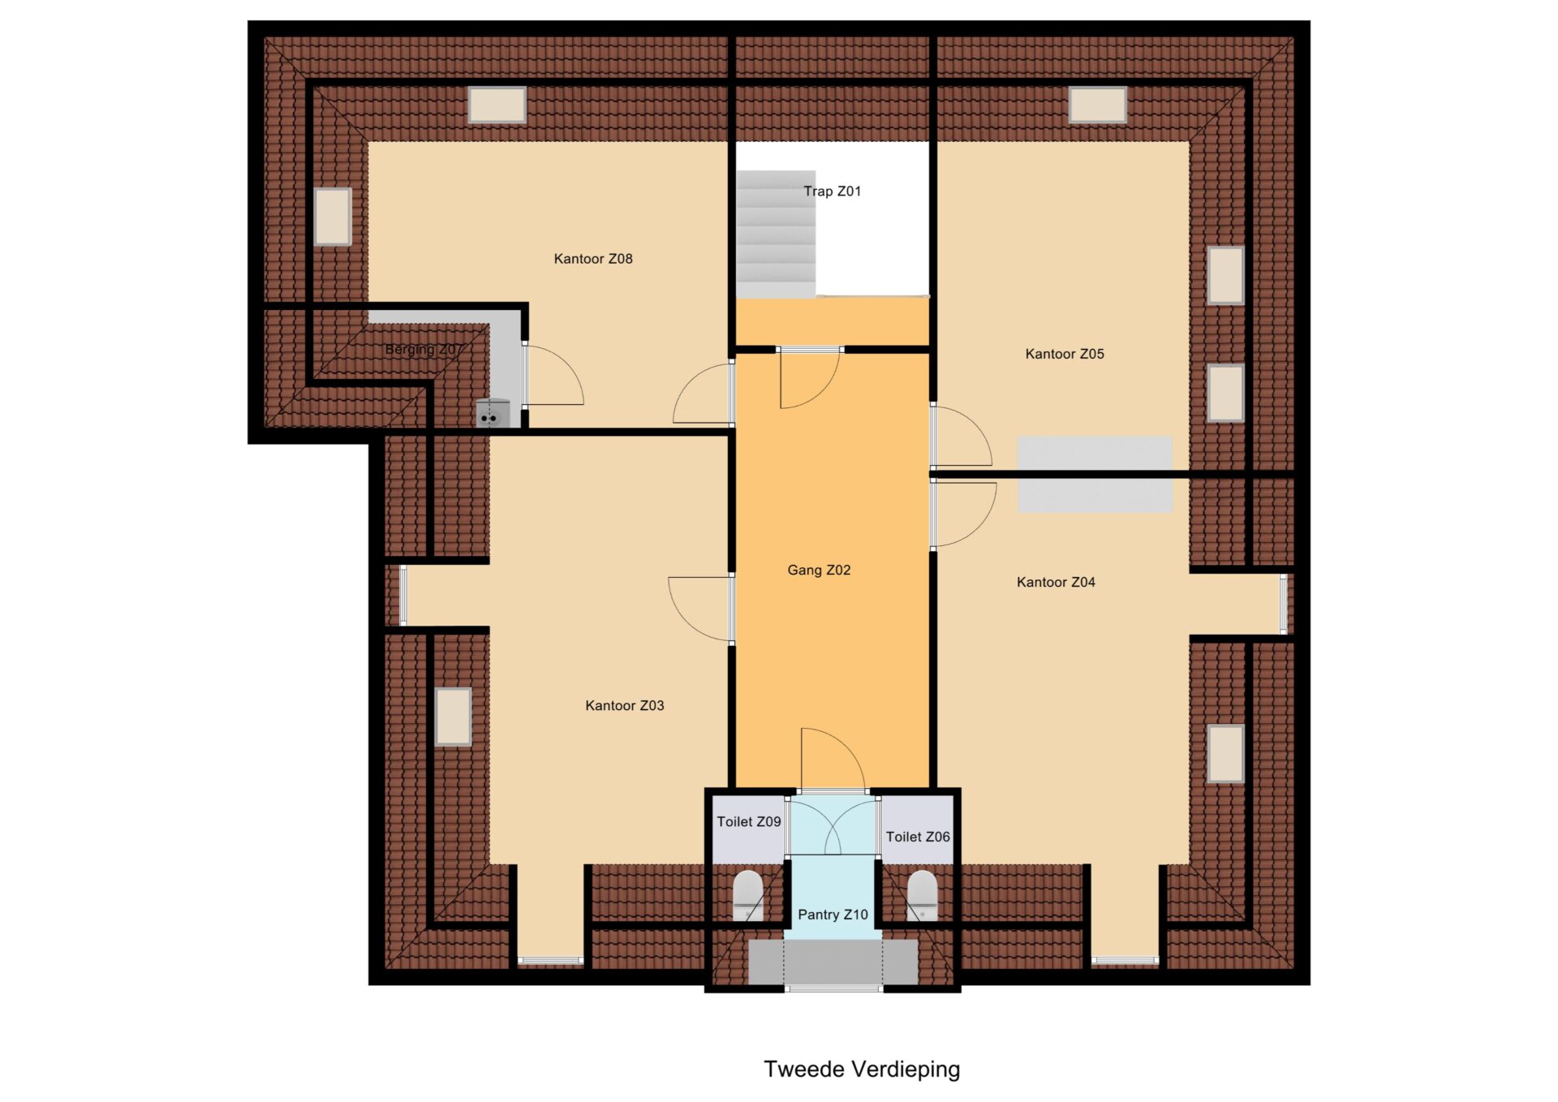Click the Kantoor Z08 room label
pos(593,259)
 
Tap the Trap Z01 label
pos(832,192)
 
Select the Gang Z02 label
pos(819,570)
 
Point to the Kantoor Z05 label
pos(1065,354)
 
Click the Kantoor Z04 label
pos(1056,582)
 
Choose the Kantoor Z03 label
pos(625,706)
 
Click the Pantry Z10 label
pos(833,915)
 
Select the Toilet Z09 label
pos(749,822)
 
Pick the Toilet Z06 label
pos(918,837)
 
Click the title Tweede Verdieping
pos(862,1070)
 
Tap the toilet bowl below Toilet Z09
pos(748,895)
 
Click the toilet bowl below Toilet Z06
pos(922,895)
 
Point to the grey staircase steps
pos(776,234)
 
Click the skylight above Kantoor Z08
pos(497,105)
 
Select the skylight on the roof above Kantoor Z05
pos(1097,105)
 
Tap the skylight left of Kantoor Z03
pos(454,717)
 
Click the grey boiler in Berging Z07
pos(493,413)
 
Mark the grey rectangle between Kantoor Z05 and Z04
pos(1095,474)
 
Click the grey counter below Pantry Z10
pos(833,962)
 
